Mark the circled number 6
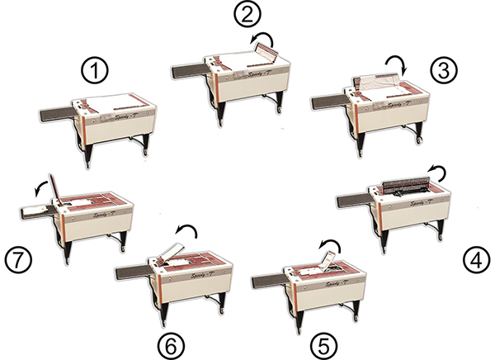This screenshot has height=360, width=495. point(173,341)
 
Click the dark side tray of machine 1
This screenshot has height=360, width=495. point(53,111)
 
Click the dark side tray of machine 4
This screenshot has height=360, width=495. point(356,200)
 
